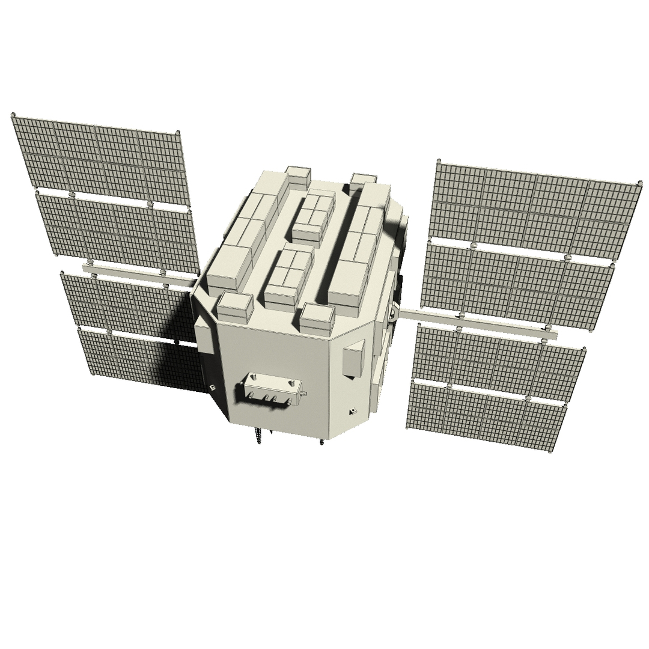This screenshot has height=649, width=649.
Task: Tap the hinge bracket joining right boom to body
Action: coord(394,311)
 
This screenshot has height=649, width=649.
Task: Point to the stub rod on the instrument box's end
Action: coord(305,394)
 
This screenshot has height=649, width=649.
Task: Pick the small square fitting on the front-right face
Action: coord(352,412)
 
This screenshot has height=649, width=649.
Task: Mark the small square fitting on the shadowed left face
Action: coord(212,386)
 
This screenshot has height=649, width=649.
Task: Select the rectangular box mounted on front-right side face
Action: coord(353,359)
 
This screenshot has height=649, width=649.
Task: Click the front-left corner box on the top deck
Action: coord(234,306)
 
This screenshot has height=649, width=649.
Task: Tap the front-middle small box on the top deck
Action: coord(317,318)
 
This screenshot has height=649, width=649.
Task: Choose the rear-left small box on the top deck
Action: coord(297,175)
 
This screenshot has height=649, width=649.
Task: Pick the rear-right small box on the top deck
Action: coord(363,179)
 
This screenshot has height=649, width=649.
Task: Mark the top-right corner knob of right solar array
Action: coord(637,181)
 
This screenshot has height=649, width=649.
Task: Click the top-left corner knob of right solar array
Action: coord(438,161)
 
